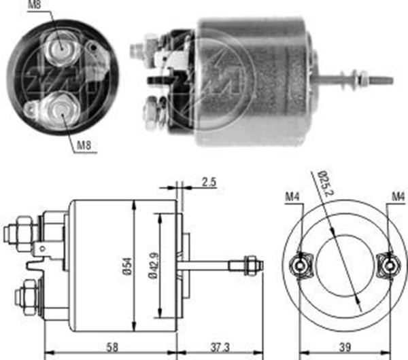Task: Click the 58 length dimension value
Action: coord(112,347)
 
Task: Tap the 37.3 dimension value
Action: coord(220,347)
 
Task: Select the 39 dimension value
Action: coord(345,347)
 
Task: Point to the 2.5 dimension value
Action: coord(209,182)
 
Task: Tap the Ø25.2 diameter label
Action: coord(326,183)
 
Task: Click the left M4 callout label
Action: coord(292,197)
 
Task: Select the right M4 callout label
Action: coord(398,197)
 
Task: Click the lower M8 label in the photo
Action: coord(84,145)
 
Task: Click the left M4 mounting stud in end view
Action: coord(301,266)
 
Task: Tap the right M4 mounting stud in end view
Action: coord(390,266)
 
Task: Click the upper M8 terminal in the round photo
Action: coord(62,49)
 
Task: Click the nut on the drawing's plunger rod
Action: coord(250,266)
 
